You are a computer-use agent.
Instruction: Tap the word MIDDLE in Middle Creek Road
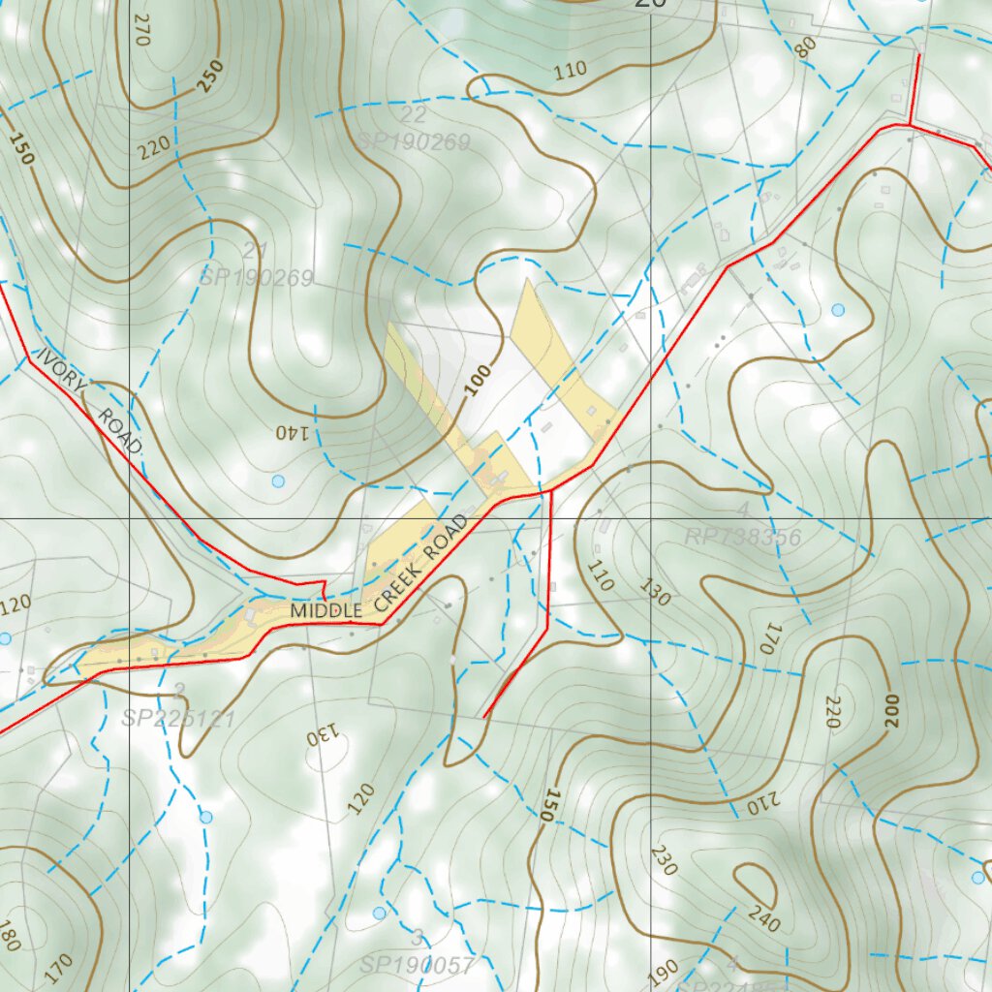pyautogui.click(x=326, y=611)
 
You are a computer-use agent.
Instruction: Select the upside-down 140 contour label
pyautogui.click(x=294, y=431)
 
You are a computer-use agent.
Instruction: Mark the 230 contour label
pyautogui.click(x=664, y=859)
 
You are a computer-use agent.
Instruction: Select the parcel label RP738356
pyautogui.click(x=742, y=538)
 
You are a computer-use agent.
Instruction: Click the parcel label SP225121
pyautogui.click(x=178, y=719)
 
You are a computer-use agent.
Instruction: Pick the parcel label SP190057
pyautogui.click(x=417, y=965)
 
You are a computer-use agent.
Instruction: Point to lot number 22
pyautogui.click(x=414, y=114)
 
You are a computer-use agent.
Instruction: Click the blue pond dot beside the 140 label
pyautogui.click(x=278, y=481)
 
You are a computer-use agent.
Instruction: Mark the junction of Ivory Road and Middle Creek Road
pyautogui.click(x=325, y=591)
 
